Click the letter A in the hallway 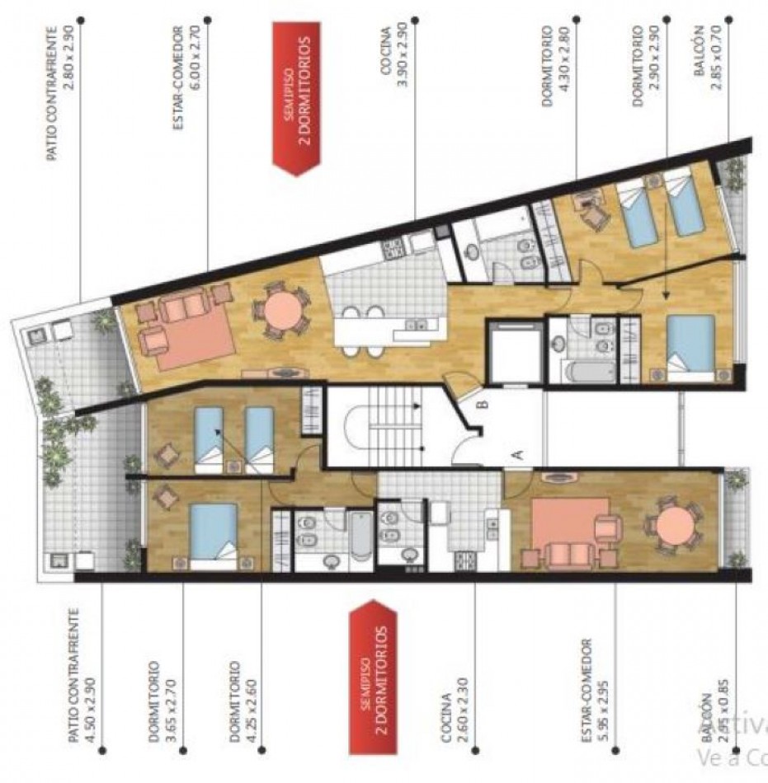(518, 452)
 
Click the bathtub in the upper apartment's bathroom (589, 372)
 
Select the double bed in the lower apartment (213, 532)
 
